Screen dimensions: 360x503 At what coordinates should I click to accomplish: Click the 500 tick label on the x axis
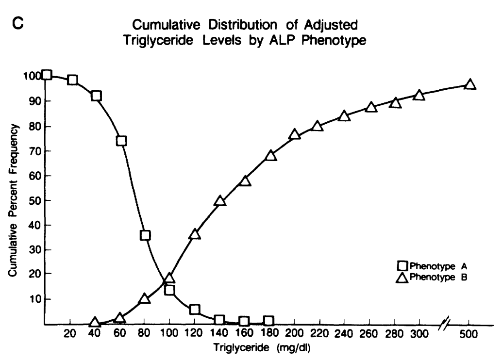(469, 334)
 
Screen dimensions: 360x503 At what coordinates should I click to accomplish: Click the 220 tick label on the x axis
(318, 334)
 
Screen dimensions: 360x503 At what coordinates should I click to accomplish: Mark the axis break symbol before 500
(444, 324)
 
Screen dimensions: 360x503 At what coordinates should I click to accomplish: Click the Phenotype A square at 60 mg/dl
(121, 141)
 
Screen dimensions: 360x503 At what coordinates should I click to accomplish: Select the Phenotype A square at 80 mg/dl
(145, 235)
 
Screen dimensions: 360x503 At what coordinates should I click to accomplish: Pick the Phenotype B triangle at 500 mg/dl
(469, 84)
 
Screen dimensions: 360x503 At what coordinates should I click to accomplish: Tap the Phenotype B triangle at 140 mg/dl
(220, 201)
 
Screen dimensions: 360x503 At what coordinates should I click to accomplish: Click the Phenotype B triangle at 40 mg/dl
(95, 323)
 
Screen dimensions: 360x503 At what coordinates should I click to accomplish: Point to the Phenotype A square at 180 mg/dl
(268, 321)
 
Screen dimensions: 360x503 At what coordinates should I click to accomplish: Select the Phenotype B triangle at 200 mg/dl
(294, 134)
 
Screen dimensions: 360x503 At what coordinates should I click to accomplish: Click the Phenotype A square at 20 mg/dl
(73, 80)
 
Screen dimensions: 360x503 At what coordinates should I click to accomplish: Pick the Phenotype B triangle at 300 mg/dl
(419, 95)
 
